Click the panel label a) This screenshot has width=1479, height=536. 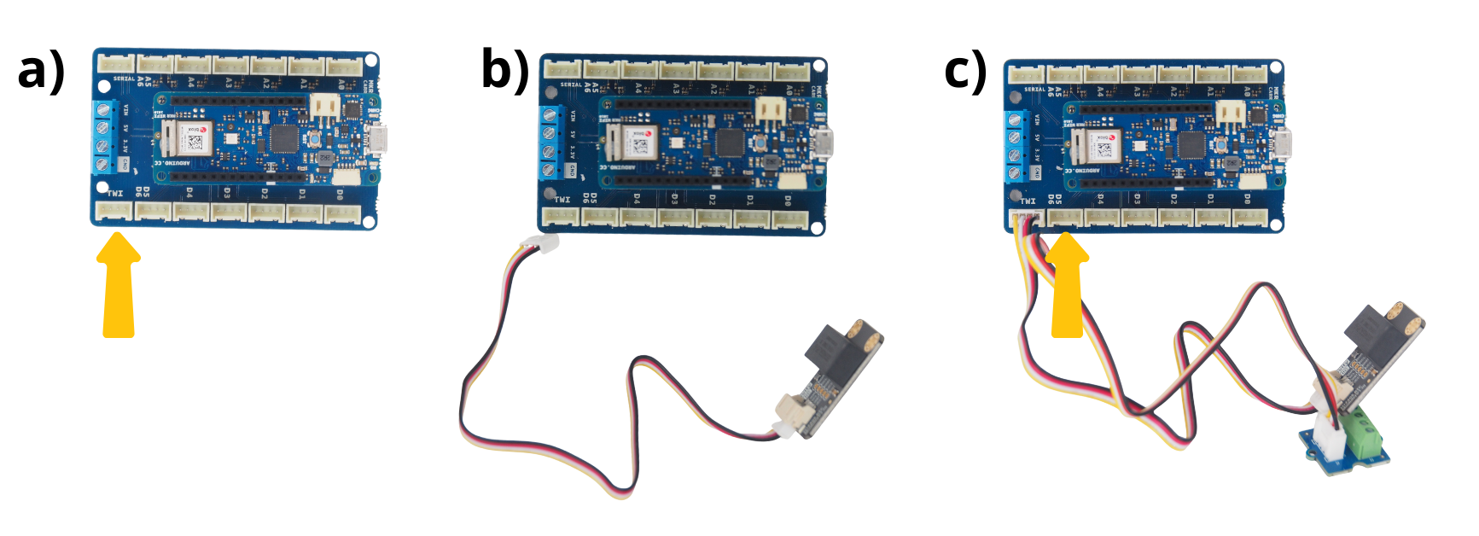(41, 70)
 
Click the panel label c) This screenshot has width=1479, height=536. (965, 70)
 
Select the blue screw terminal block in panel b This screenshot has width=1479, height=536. (550, 143)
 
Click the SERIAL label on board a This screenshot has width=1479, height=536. (124, 79)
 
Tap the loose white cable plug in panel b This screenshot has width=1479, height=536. (541, 245)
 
